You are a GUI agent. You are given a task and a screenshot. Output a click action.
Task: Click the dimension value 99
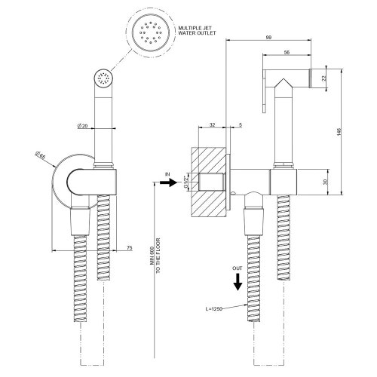268,38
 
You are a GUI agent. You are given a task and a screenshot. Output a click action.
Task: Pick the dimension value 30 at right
325,182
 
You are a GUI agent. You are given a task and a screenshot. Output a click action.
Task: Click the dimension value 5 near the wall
240,126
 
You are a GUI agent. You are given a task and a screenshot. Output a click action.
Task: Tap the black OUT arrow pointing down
237,281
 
